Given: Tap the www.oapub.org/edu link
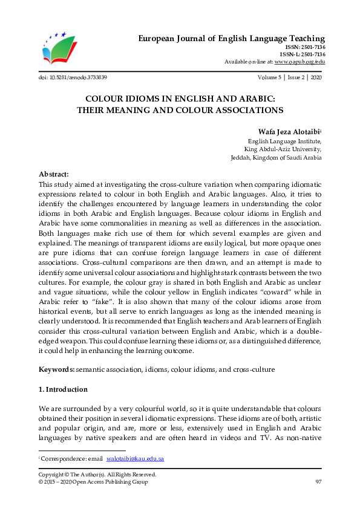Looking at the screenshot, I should coord(300,62).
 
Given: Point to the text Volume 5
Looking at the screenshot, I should coord(270,78).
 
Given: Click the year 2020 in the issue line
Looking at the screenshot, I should coord(316,78).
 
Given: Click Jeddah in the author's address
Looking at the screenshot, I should coord(242,157).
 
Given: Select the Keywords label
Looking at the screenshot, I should coord(57,369).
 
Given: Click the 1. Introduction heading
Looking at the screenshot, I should coord(63,389).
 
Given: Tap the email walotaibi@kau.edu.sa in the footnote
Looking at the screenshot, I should coord(136,459).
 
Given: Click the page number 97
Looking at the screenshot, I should coord(318,482).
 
